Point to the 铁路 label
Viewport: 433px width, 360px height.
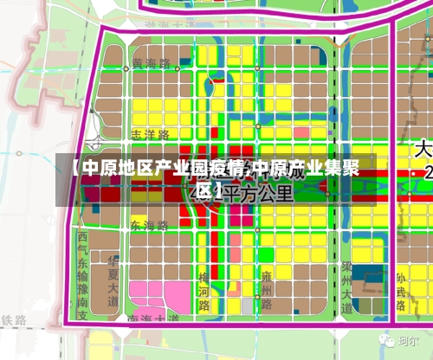(14, 321)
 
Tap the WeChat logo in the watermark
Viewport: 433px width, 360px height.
(382, 341)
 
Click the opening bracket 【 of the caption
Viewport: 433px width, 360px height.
(74, 168)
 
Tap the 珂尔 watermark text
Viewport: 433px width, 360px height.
(408, 341)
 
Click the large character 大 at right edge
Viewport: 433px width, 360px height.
(423, 149)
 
